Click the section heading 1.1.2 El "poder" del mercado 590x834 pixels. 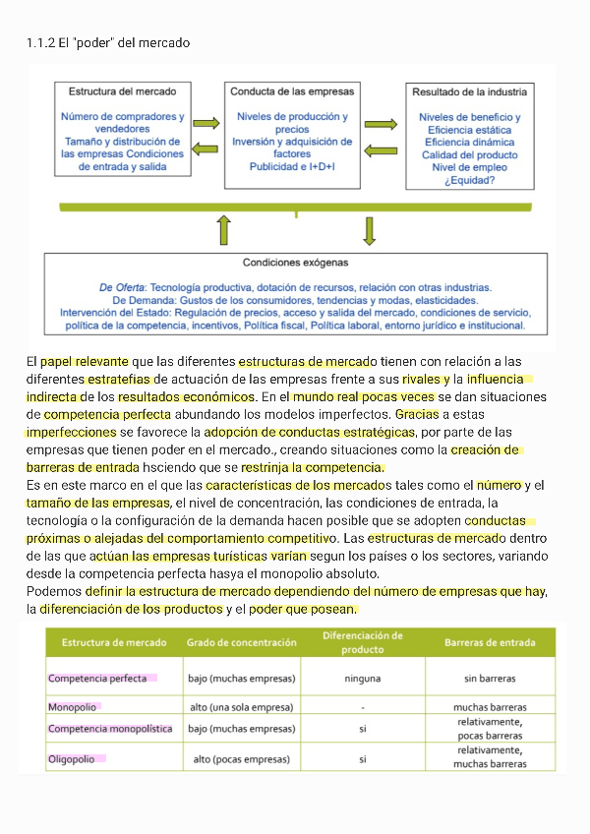click(x=107, y=43)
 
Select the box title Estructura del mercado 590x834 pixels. click(x=122, y=91)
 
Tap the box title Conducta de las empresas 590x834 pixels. click(x=292, y=91)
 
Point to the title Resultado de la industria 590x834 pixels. click(x=469, y=91)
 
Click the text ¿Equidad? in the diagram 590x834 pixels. click(x=469, y=180)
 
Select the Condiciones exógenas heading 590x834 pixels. click(x=295, y=263)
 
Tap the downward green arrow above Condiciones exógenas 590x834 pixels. click(x=370, y=230)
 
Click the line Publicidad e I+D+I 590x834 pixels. click(x=292, y=167)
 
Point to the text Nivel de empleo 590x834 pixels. click(x=469, y=167)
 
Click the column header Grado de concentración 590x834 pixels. click(x=241, y=643)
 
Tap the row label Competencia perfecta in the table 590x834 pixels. click(x=97, y=679)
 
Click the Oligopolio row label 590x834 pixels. click(x=72, y=759)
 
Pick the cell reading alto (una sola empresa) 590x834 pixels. click(x=241, y=707)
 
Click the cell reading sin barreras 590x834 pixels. click(x=490, y=679)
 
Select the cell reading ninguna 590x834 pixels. click(x=362, y=679)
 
